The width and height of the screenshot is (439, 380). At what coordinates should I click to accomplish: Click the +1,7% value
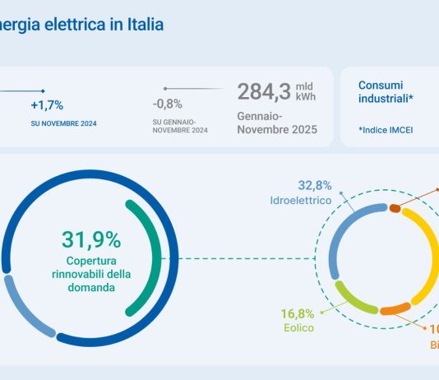(47, 105)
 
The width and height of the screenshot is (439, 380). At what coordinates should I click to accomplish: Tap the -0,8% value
(168, 104)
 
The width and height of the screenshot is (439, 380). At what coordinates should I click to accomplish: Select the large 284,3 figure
(263, 91)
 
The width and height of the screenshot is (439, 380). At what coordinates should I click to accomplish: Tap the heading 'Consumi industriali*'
(386, 91)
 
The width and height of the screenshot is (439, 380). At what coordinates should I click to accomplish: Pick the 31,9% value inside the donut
(90, 239)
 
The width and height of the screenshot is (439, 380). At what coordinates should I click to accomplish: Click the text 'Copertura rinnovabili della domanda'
(90, 275)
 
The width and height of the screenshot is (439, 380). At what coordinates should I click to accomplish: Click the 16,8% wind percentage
(298, 313)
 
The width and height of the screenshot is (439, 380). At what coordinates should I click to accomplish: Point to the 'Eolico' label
(298, 327)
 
